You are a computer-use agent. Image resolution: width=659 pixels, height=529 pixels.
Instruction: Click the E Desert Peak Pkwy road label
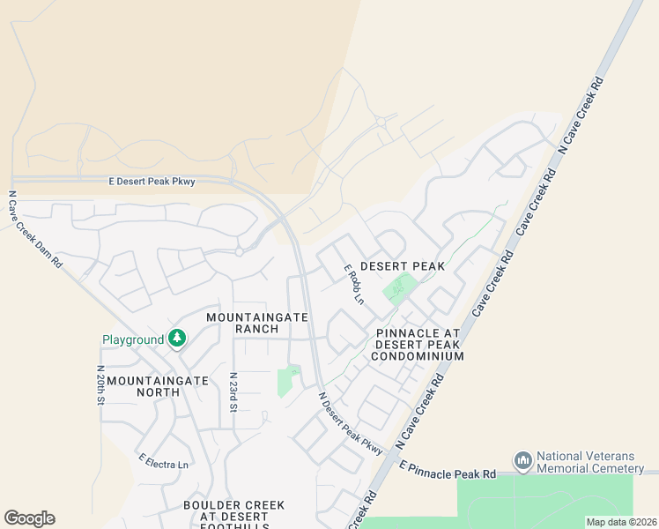(151, 181)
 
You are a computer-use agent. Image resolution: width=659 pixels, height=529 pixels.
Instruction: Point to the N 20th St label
(101, 385)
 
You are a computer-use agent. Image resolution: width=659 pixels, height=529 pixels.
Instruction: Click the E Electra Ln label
(163, 460)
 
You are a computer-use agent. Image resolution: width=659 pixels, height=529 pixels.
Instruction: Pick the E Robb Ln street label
(353, 283)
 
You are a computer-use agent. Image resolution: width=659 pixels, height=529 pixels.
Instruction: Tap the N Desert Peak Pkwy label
(351, 423)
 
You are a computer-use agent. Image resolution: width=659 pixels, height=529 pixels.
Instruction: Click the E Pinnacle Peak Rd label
(448, 469)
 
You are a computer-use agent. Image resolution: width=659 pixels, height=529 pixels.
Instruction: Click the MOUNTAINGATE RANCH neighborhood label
(257, 323)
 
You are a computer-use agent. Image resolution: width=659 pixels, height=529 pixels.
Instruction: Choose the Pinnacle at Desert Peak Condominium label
(417, 345)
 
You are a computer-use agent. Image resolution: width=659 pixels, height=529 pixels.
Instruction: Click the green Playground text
(133, 339)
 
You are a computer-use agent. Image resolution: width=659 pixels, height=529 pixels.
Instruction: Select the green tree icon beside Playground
(177, 339)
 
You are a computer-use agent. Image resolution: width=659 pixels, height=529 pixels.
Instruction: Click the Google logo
(29, 518)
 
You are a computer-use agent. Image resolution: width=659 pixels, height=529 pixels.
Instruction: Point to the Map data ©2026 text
(621, 522)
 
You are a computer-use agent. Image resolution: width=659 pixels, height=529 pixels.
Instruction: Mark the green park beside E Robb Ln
(399, 288)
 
